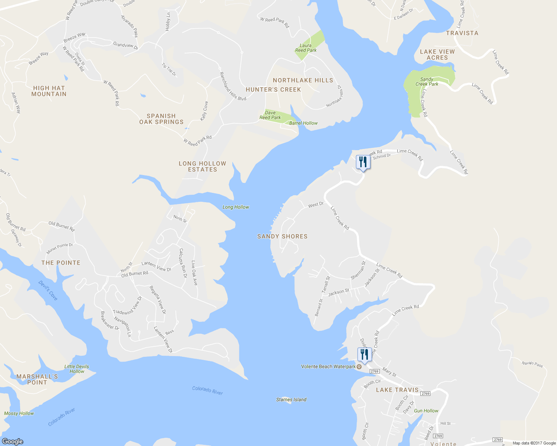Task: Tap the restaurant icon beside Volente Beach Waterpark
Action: [x=364, y=355]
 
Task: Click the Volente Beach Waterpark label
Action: [x=328, y=366]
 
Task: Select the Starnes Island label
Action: [x=291, y=400]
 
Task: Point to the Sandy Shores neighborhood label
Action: [x=282, y=236]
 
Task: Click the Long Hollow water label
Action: [x=236, y=207]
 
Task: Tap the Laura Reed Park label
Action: [x=306, y=48]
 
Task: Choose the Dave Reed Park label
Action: [x=270, y=115]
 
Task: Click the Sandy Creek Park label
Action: [x=427, y=82]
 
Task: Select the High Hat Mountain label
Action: [x=49, y=91]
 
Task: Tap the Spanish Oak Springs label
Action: [x=161, y=119]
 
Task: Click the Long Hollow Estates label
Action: [x=202, y=167]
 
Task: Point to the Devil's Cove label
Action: [x=48, y=290]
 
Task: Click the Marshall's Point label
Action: [x=37, y=379]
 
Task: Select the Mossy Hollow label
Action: [x=19, y=413]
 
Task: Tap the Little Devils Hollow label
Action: [x=77, y=369]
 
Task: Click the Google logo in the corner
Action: [x=13, y=441]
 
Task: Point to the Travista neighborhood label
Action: [x=462, y=33]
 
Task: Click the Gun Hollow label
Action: [x=426, y=411]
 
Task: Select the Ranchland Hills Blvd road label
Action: [x=232, y=87]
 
